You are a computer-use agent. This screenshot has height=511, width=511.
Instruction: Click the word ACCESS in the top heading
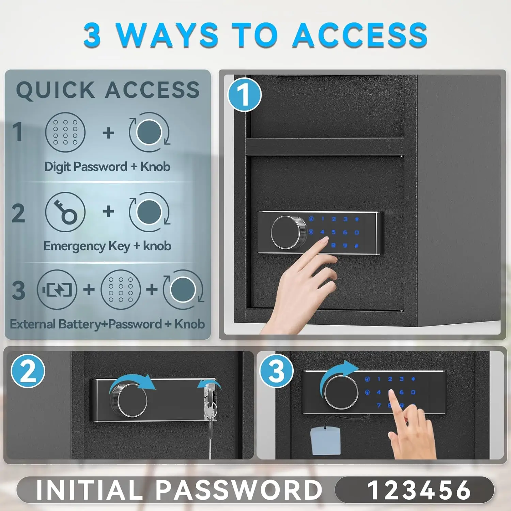[360, 35]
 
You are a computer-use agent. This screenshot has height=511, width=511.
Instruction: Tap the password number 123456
[419, 490]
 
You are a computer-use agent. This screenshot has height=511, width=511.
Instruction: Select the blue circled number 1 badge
[244, 95]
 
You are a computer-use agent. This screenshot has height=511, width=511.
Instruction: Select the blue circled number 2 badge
[28, 371]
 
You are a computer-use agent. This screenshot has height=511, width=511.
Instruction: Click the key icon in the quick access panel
[65, 212]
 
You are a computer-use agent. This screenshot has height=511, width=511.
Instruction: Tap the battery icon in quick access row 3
[57, 290]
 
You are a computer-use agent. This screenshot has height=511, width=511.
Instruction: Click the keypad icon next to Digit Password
[65, 132]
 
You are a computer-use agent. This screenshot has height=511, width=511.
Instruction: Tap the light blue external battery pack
[325, 442]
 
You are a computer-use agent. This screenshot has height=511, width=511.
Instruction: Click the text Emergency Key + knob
[107, 246]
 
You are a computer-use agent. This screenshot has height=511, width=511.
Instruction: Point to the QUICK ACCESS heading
[108, 90]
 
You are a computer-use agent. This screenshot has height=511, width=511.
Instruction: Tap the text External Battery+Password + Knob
[107, 324]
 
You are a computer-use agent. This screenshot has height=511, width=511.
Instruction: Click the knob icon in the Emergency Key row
[149, 212]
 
